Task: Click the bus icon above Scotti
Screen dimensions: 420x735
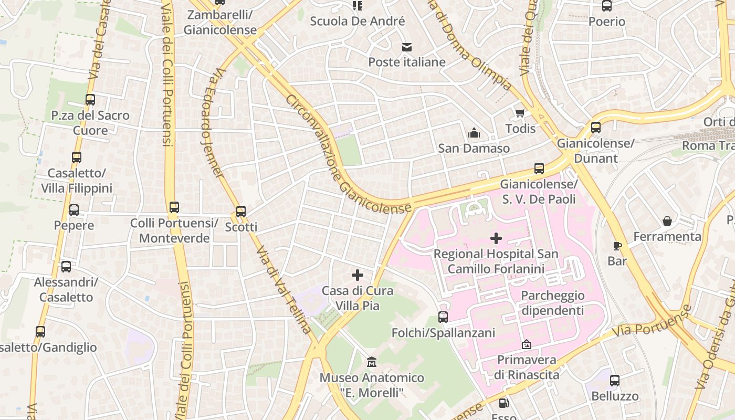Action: tap(241, 212)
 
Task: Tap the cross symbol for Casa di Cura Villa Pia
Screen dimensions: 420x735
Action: tap(358, 275)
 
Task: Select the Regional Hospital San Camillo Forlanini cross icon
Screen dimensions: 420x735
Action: tap(496, 238)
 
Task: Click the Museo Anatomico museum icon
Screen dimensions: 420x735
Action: tap(372, 362)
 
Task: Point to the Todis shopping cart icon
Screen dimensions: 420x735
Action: tap(520, 113)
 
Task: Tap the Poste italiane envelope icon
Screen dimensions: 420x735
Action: tap(407, 47)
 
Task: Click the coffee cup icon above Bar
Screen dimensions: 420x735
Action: tap(617, 245)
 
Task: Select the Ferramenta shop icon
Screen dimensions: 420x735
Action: tap(667, 221)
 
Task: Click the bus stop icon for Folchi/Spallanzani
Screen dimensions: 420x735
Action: tap(443, 317)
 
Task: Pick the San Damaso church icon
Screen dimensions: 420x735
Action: tap(474, 133)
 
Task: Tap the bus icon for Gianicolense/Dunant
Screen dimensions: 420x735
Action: tap(596, 128)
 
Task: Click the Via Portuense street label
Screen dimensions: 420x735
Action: tap(654, 321)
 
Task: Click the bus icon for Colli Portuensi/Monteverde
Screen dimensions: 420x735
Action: tap(174, 207)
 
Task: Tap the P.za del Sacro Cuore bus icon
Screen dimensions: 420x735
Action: tap(90, 100)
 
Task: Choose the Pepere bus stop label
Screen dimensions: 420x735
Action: tap(74, 226)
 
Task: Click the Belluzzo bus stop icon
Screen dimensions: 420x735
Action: tap(615, 381)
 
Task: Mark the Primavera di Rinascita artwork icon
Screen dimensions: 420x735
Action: tap(526, 344)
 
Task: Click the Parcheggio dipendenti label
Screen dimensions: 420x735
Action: tap(552, 303)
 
